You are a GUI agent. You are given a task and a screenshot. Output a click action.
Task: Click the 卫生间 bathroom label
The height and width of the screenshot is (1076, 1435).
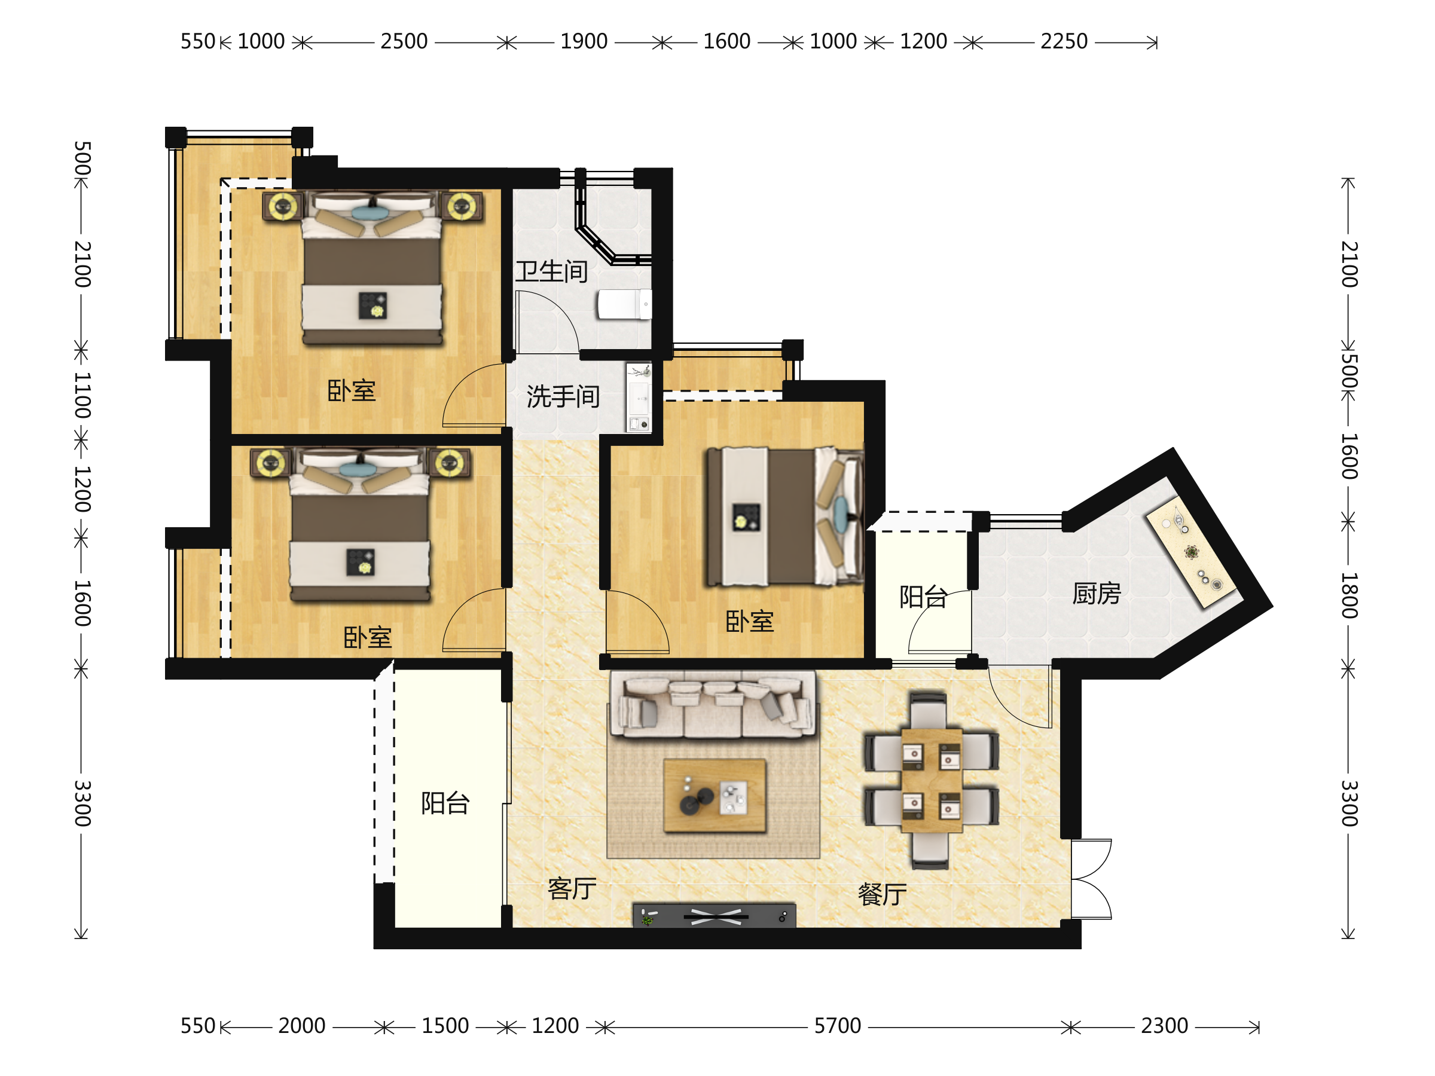[x=551, y=272]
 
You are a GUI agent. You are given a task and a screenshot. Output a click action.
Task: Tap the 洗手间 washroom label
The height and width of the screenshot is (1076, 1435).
[x=563, y=396]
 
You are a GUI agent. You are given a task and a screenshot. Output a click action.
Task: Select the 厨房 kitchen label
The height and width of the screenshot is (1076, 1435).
[x=1097, y=594]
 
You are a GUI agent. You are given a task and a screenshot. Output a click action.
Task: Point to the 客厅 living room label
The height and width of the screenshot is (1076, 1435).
[x=572, y=888]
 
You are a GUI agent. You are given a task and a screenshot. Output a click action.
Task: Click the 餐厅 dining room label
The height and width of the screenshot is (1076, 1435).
[x=883, y=894]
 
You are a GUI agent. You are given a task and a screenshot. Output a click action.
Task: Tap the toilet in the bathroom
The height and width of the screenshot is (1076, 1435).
[x=624, y=304]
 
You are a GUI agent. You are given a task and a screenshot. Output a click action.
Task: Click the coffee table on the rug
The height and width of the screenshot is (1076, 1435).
[x=715, y=796]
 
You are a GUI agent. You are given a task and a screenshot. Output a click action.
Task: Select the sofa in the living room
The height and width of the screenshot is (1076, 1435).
[x=712, y=705]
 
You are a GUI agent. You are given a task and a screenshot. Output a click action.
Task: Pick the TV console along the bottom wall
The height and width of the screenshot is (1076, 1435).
[x=715, y=915]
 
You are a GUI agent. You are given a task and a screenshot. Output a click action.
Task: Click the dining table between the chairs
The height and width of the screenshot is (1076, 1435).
[x=932, y=780]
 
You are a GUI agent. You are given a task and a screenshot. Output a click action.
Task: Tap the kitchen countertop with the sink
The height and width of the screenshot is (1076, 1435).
[x=1191, y=552]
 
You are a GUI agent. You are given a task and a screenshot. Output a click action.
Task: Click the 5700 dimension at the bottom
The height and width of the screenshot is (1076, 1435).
[x=838, y=1026]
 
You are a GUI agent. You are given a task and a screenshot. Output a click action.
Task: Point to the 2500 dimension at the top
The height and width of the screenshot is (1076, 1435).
[x=404, y=41]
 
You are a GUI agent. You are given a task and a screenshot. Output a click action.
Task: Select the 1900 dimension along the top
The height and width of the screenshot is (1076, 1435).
[x=584, y=41]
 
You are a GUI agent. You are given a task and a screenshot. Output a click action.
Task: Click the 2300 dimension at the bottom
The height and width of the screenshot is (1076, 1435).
[x=1165, y=1026]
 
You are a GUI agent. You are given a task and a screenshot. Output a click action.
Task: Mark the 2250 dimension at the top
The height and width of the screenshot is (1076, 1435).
[x=1064, y=41]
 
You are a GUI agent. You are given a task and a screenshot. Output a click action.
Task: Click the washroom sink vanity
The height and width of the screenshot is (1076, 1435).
[x=639, y=398]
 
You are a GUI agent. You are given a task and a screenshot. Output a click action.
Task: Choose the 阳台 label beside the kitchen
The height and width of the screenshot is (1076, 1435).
[x=923, y=597]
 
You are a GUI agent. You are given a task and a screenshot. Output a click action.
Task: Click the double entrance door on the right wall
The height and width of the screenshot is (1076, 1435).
[x=1091, y=879]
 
